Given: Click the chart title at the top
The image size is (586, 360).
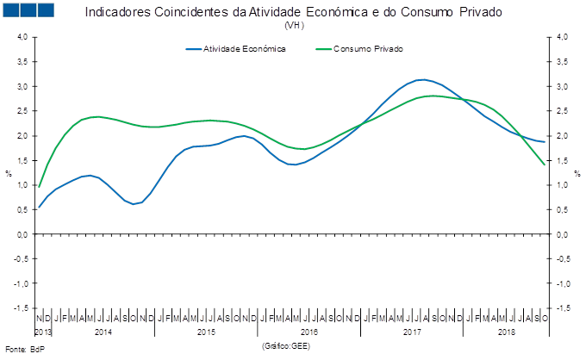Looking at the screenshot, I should coord(293,13).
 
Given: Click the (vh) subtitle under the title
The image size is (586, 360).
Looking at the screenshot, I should coord(293,25).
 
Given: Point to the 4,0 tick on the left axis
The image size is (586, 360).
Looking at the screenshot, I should coord(22,38).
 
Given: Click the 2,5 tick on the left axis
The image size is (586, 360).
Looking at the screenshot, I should coord(22,111).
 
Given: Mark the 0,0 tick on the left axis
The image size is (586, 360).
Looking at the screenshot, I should coord(22,234).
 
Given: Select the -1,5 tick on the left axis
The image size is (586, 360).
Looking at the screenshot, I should coord(22,307).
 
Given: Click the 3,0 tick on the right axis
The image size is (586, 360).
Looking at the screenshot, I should coord(560,87).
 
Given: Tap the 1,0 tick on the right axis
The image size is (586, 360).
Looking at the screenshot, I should coord(560,185).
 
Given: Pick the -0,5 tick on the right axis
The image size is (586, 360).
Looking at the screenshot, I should coord(560,258).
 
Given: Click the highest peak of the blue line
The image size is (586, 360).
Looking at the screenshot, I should coord(421,79).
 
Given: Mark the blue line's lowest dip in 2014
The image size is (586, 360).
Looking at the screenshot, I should coord(134,204).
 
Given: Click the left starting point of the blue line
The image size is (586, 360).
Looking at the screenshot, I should coord(38,208).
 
